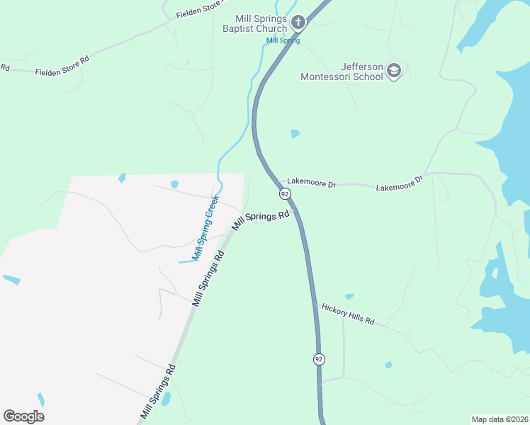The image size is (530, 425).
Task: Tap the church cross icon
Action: pyautogui.click(x=298, y=23)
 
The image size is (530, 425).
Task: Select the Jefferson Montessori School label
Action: pyautogui.click(x=342, y=72)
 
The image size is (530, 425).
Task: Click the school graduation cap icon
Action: pyautogui.click(x=394, y=71)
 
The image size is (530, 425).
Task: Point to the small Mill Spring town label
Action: pyautogui.click(x=283, y=40)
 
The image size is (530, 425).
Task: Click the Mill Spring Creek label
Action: pyautogui.click(x=206, y=227)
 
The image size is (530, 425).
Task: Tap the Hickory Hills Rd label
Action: pyautogui.click(x=347, y=313)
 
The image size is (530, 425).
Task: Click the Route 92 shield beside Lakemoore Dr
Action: pyautogui.click(x=285, y=194)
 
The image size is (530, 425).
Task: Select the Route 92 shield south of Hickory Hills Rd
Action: pyautogui.click(x=319, y=359)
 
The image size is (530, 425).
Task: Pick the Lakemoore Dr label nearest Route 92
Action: pyautogui.click(x=311, y=183)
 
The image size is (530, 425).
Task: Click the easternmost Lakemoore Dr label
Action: pyautogui.click(x=399, y=183)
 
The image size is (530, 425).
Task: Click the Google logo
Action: pyautogui.click(x=23, y=416)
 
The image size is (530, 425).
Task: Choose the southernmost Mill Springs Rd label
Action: pyautogui.click(x=157, y=390)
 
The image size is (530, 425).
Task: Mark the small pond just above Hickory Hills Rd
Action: pyautogui.click(x=349, y=297)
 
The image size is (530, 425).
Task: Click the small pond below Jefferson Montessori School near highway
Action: pyautogui.click(x=295, y=133)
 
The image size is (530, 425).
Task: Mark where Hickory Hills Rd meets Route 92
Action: pyautogui.click(x=315, y=305)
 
